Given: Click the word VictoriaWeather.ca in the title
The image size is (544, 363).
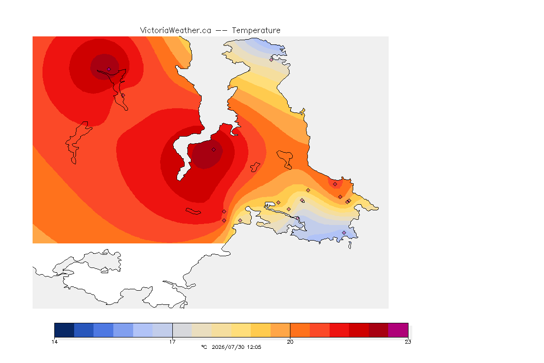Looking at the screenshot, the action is (x=176, y=31).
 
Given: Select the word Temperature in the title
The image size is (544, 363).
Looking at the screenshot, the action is (x=256, y=31).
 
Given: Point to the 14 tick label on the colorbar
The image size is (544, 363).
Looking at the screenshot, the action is (x=54, y=342).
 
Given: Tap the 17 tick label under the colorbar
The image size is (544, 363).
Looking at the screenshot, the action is (x=172, y=342).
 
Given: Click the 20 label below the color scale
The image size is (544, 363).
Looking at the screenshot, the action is (x=290, y=342).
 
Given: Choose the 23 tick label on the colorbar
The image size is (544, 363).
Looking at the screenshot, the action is (x=408, y=342).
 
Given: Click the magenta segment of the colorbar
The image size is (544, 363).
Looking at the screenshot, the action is (x=398, y=330).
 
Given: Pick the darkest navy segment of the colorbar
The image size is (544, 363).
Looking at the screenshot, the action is (x=64, y=330).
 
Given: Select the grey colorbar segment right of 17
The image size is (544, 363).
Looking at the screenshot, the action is (x=182, y=330).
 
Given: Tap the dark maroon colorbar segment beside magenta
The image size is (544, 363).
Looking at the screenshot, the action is (x=379, y=330).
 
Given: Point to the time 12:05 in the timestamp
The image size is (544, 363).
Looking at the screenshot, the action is (x=254, y=347).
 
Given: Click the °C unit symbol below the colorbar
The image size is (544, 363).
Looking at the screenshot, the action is (x=204, y=347).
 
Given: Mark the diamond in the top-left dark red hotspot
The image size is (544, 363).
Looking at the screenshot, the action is (x=109, y=69).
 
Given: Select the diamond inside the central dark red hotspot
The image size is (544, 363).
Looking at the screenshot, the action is (x=214, y=150).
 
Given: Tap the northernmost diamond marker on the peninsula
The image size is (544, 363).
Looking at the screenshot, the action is (x=272, y=60).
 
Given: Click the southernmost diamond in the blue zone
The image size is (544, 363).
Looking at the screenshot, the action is (x=344, y=233).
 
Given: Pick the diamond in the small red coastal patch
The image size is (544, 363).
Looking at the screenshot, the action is (x=335, y=184).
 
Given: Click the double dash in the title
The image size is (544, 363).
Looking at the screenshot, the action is (x=221, y=31).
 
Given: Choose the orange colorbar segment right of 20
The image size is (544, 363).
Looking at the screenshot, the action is (x=300, y=330).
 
